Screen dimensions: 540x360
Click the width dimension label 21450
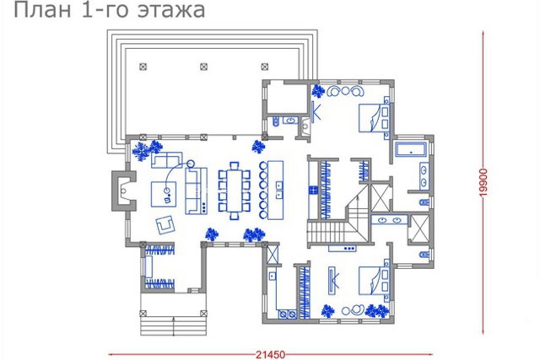pos(270,354)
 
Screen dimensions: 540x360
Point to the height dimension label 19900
pos(483,182)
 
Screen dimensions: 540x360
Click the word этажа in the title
pos(171,9)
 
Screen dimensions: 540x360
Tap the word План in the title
pos(42,9)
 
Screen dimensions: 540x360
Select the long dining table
pos(235,191)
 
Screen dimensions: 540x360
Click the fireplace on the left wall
pos(122,191)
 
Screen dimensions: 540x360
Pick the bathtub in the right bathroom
pos(411,148)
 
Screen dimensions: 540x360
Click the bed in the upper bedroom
pos(374,118)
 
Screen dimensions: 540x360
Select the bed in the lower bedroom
pos(374,281)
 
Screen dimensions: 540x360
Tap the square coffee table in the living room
pos(164,195)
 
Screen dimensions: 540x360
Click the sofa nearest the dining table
pos(197,191)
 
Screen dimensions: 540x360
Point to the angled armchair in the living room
pos(165,225)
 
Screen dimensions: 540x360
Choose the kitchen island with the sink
pos(276,190)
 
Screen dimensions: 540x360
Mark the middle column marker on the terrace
pos(203,67)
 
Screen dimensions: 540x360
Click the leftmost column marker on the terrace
pos(143,67)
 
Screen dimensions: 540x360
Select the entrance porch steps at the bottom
pos(173,326)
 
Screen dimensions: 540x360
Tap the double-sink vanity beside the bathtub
pos(424,176)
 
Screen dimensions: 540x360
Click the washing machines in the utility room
pos(288,314)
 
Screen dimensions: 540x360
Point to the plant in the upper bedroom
pos(318,91)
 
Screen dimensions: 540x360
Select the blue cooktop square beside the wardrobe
pos(313,190)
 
